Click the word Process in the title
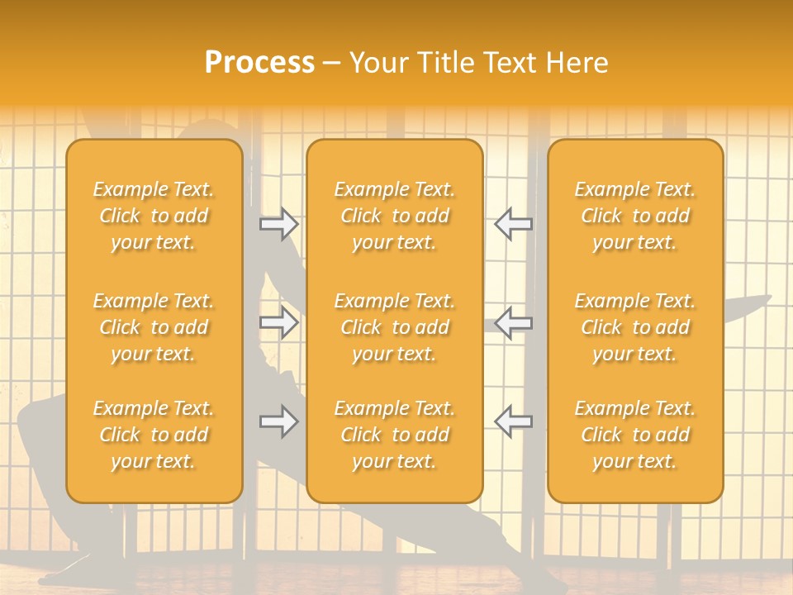[x=259, y=63]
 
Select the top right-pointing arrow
[x=278, y=223]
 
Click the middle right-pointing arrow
[x=278, y=322]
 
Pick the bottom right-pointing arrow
[x=278, y=421]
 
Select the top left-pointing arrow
[x=514, y=223]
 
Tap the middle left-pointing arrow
[x=514, y=322]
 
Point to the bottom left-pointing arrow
[x=514, y=421]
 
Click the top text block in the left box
[x=154, y=216]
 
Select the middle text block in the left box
[x=154, y=327]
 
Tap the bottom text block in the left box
[x=154, y=435]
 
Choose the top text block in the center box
[x=394, y=216]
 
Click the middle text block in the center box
[x=394, y=327]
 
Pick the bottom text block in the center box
[x=394, y=435]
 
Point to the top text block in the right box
[x=634, y=216]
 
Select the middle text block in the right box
[x=634, y=327]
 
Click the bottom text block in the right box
[x=634, y=435]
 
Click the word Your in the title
[x=378, y=63]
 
